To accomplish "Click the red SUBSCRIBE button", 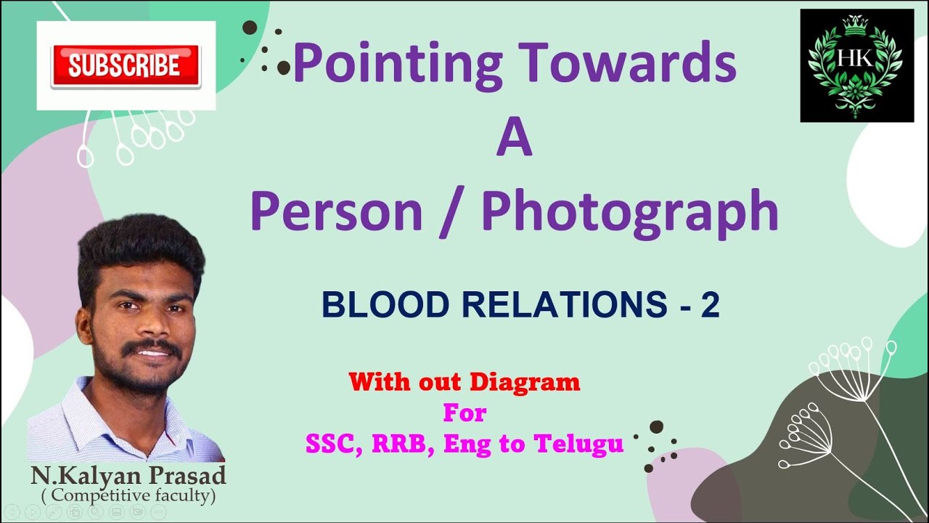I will click(125, 66).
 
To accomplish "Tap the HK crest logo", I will click(856, 65).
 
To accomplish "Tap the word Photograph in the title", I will click(629, 212).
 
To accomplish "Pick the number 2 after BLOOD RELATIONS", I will click(709, 306).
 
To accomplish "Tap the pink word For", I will click(464, 413).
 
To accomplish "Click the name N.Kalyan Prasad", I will click(128, 477).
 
